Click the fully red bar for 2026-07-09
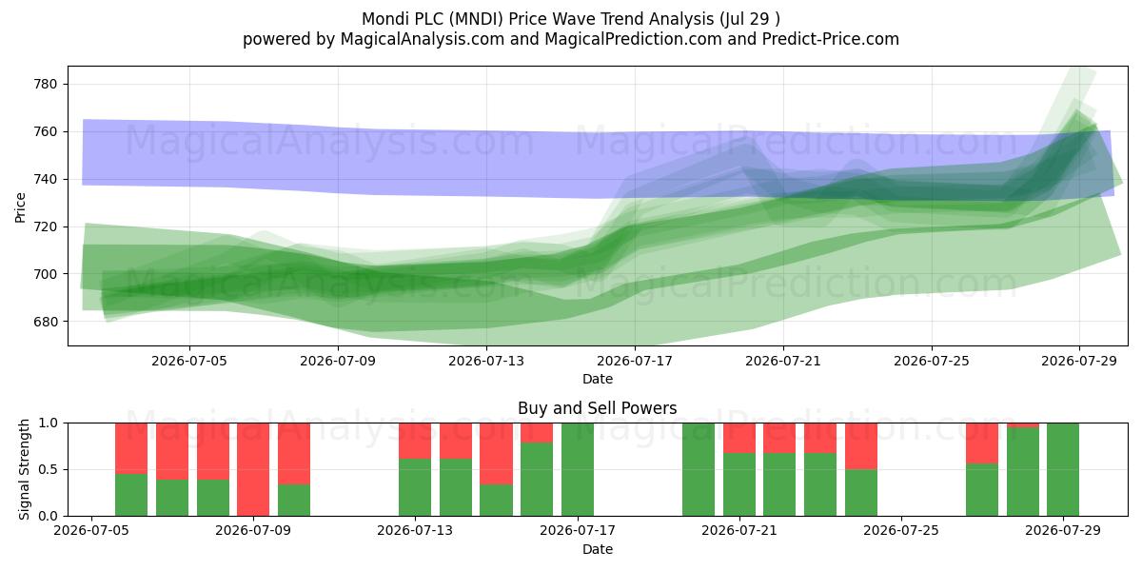tap(253, 469)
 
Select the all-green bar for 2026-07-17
tap(578, 469)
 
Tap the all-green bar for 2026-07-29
tap(1063, 469)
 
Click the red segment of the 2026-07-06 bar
tap(131, 448)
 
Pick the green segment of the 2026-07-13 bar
tap(415, 487)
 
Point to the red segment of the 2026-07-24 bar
tap(861, 446)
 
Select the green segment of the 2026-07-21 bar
tap(739, 484)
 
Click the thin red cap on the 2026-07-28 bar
tap(1023, 425)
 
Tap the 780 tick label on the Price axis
tap(46, 84)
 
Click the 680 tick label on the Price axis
tap(46, 322)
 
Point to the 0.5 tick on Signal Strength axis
tap(49, 469)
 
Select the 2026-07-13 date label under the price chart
tap(486, 361)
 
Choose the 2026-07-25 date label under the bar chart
tap(901, 531)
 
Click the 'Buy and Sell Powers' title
tap(597, 408)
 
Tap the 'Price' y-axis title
tap(20, 207)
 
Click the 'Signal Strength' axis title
tap(24, 469)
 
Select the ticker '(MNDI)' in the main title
tap(476, 19)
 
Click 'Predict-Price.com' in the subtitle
tap(831, 39)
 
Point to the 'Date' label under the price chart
tap(598, 379)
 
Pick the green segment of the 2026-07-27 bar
tap(982, 489)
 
